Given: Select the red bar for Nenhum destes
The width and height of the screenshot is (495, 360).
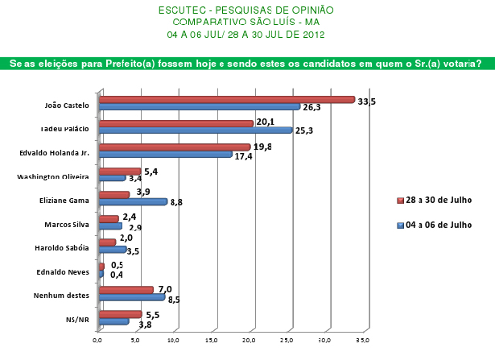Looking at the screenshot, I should [x=125, y=289].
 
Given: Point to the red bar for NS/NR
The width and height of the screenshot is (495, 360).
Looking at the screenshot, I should [x=119, y=313].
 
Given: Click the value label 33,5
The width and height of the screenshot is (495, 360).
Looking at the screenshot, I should [x=367, y=100].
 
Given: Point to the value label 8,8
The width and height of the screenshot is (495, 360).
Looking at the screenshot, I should [x=178, y=202].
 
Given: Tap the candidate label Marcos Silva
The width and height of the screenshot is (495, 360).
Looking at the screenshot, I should [x=69, y=225].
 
